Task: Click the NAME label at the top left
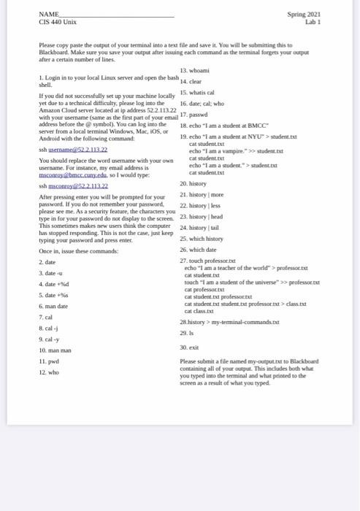click(x=48, y=14)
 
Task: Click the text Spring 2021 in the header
click(x=305, y=14)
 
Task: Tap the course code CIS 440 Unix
click(x=58, y=22)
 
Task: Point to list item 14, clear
click(x=191, y=81)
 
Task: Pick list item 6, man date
click(x=53, y=306)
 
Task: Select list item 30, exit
click(x=189, y=347)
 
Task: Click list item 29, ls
click(x=188, y=332)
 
